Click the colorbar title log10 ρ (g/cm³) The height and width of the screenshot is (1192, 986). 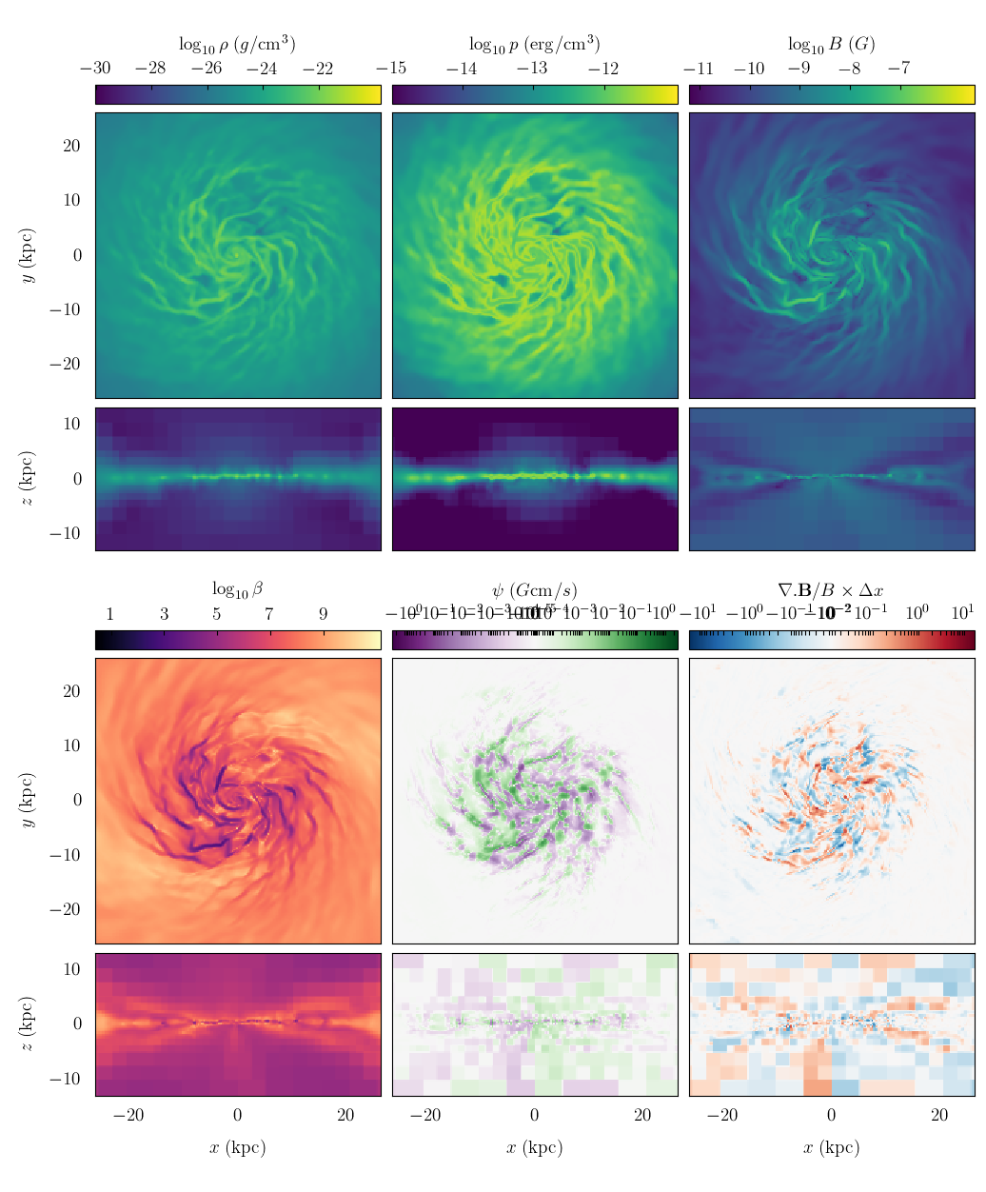pyautogui.click(x=237, y=44)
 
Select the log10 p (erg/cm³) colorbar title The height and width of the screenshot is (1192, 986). pyautogui.click(x=534, y=44)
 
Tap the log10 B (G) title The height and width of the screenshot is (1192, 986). pyautogui.click(x=831, y=44)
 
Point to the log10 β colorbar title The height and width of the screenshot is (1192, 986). pyautogui.click(x=237, y=589)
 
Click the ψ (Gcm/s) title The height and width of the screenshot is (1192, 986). pyautogui.click(x=534, y=590)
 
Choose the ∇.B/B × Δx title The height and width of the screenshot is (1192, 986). pyautogui.click(x=831, y=590)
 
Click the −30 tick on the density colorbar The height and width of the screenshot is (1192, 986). pyautogui.click(x=95, y=69)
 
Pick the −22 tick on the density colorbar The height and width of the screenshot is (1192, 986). pyautogui.click(x=318, y=69)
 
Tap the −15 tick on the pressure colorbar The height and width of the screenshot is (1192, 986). pyautogui.click(x=392, y=69)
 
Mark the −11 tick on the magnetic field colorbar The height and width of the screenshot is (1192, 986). pyautogui.click(x=700, y=69)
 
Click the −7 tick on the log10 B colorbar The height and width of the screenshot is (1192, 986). pyautogui.click(x=899, y=69)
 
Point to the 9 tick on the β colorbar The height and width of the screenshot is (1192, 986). pyautogui.click(x=323, y=614)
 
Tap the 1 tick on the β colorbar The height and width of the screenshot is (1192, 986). pyautogui.click(x=110, y=614)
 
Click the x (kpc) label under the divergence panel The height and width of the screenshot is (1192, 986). pyautogui.click(x=831, y=1147)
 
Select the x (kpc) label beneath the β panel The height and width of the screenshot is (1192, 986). pyautogui.click(x=237, y=1147)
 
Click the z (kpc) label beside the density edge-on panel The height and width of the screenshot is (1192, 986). pyautogui.click(x=28, y=479)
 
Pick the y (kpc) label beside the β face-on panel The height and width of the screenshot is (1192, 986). pyautogui.click(x=28, y=800)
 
